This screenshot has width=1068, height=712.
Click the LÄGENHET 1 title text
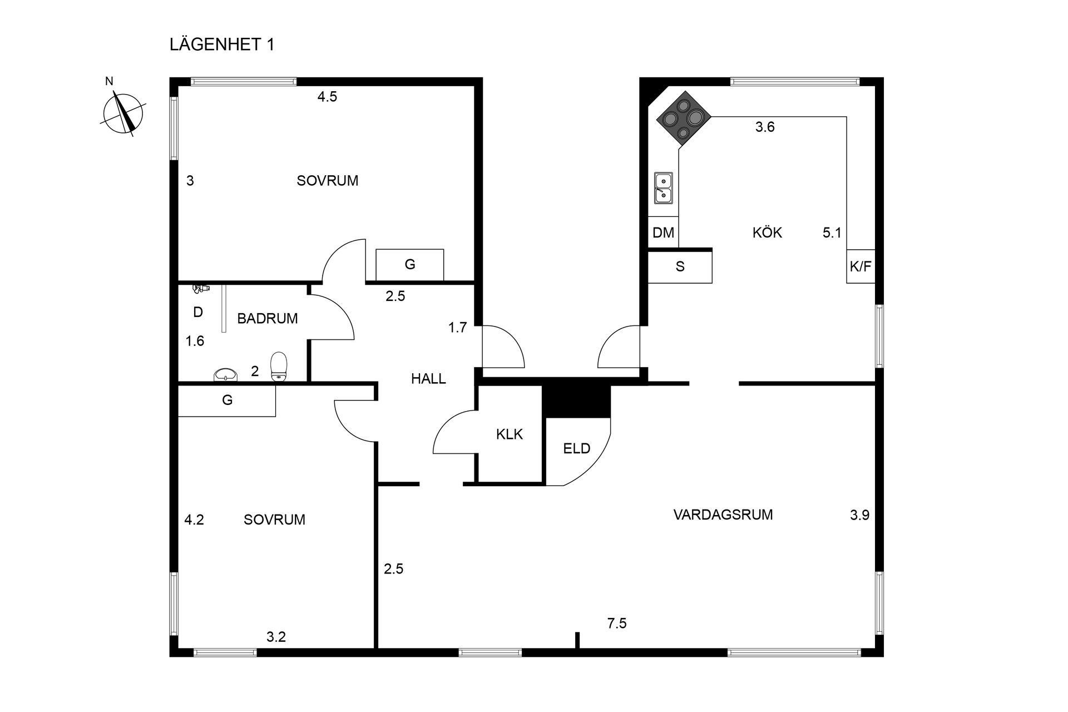coord(222,45)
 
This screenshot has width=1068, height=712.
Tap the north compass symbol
coord(123,113)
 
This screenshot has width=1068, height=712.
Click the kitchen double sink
coord(663,188)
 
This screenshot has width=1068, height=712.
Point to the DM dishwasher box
coord(663,232)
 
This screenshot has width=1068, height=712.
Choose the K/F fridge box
coord(861,266)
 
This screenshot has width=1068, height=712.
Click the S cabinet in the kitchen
coord(680,267)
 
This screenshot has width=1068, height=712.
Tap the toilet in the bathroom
coord(279,367)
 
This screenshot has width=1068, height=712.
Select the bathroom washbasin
coord(226,375)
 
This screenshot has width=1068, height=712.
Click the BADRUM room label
coord(267,319)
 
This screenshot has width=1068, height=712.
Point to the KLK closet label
coord(510,434)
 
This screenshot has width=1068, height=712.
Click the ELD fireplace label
coord(576,448)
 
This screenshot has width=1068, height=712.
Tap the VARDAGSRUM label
coord(723,515)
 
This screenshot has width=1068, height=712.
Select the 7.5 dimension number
coord(617,624)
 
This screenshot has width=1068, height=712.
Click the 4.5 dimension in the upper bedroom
coord(327,97)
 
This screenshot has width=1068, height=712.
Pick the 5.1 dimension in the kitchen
coord(832,233)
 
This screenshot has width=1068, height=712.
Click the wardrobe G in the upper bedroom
coord(410,265)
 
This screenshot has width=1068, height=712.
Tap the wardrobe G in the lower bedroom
coord(227,400)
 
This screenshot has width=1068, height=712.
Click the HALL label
coord(428,379)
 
